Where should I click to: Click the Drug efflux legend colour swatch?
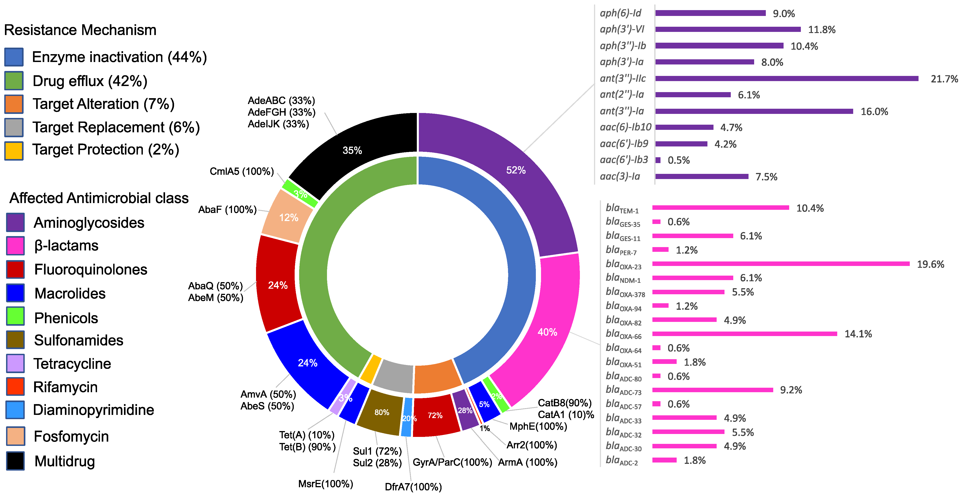14,81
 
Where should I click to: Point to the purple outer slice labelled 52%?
516,170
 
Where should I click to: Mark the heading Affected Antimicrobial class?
99,198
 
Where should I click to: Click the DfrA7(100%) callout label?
413,487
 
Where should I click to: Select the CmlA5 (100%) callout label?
241,171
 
